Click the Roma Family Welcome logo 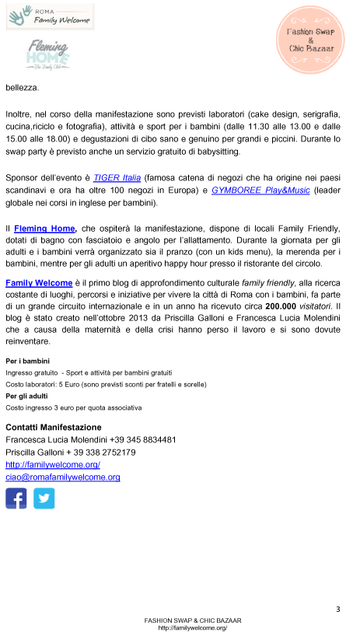pos(50,16)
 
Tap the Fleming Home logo pos(48,54)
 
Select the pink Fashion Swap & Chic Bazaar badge pos(310,40)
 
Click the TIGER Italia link pos(117,177)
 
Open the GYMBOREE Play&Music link pos(260,190)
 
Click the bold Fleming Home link pos(44,229)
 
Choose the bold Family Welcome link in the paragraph pos(39,283)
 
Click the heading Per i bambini pos(27,361)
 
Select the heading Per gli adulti pos(26,396)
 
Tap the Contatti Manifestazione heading pos(54,428)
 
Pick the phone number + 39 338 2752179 pos(102,453)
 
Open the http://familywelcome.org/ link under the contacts pos(53,465)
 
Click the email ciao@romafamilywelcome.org pos(63,477)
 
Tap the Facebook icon pos(16,498)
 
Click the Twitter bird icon pos(44,498)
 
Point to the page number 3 pos(338,610)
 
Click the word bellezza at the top pos(23,87)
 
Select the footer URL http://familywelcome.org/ pos(193,628)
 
